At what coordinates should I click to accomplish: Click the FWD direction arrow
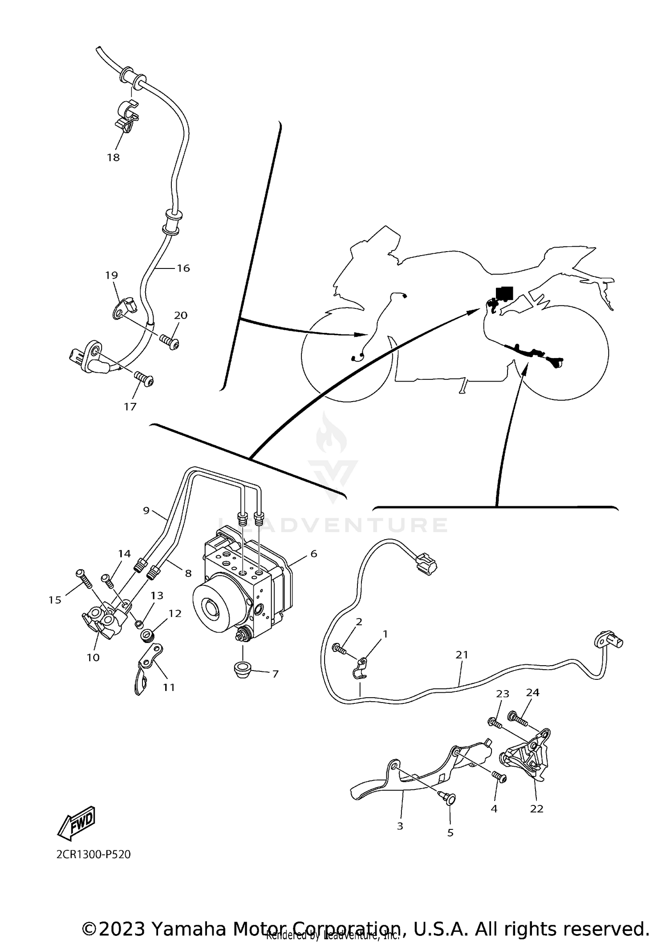(x=76, y=823)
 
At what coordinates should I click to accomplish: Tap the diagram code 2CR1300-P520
(x=93, y=854)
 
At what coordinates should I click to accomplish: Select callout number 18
(x=113, y=158)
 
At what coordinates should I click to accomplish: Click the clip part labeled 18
(x=128, y=116)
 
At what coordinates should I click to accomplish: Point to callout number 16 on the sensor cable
(x=183, y=268)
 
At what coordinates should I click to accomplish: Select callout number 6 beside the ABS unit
(x=313, y=553)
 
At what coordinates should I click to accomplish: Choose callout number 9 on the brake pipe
(x=146, y=510)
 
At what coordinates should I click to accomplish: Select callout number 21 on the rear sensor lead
(x=462, y=655)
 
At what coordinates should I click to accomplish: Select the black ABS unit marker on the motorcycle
(x=504, y=293)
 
